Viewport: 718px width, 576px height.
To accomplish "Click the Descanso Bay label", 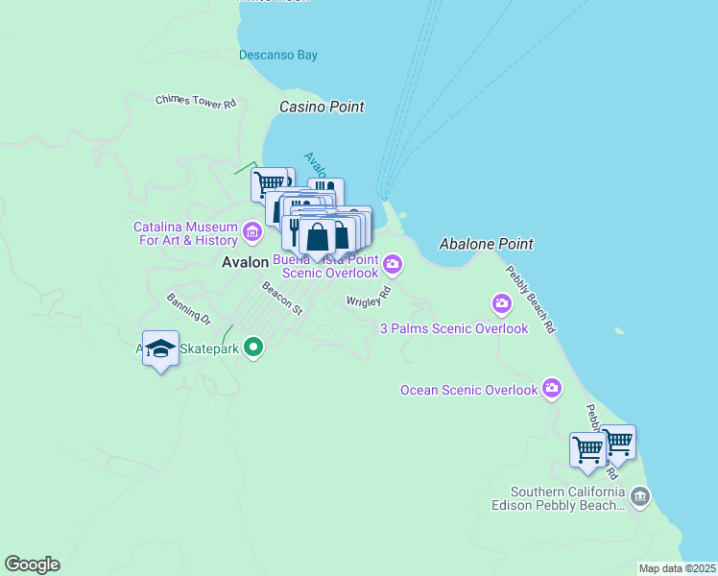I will tap(278, 55).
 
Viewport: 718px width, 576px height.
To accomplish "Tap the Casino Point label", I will tap(322, 107).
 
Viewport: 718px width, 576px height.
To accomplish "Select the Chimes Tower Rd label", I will tap(196, 102).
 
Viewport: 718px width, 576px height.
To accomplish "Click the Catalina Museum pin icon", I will tap(252, 231).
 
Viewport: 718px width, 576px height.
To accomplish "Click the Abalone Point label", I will tap(486, 244).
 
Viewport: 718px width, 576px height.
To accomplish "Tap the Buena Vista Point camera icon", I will tap(393, 263).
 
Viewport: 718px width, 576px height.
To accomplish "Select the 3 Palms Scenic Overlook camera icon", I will tap(502, 305).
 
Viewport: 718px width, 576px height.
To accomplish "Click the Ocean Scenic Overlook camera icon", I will tap(551, 388).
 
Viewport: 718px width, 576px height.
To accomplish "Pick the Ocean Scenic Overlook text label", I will tap(469, 390).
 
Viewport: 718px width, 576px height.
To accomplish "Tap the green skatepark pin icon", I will tap(253, 347).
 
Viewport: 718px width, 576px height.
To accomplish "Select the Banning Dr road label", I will tap(188, 307).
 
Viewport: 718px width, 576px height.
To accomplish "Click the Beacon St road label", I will tap(282, 298).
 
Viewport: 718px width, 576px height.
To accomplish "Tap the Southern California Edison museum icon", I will tap(640, 496).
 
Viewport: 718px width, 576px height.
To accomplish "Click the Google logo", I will tap(32, 564).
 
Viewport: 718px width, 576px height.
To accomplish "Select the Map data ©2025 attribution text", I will tap(677, 568).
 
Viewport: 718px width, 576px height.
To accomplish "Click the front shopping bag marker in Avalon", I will tap(318, 236).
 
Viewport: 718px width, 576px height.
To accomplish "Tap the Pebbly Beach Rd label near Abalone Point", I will tap(531, 300).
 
